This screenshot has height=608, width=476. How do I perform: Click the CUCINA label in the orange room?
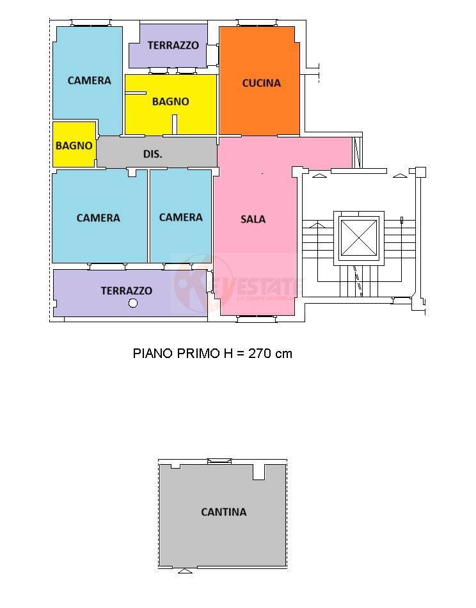click(x=261, y=83)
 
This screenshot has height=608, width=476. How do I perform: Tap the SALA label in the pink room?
click(x=253, y=219)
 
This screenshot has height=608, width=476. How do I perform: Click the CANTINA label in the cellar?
click(x=223, y=511)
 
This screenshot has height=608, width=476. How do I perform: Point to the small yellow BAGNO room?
click(x=74, y=145)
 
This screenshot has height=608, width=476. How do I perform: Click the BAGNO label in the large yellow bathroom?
click(x=170, y=101)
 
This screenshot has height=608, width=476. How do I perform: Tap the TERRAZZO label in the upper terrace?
click(x=173, y=45)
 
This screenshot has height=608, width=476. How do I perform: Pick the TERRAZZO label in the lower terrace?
click(x=126, y=291)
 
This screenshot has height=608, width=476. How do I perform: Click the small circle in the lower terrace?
click(x=133, y=303)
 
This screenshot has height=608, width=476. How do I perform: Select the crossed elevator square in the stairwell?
click(x=358, y=238)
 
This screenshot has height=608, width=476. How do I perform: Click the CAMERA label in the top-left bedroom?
click(x=89, y=81)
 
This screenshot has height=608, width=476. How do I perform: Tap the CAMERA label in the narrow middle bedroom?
click(x=180, y=217)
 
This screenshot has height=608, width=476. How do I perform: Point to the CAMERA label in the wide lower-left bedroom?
click(x=98, y=218)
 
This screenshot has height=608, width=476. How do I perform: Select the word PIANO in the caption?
click(x=152, y=353)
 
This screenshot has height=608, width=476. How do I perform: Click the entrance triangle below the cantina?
click(x=184, y=570)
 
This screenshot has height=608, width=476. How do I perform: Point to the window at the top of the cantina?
click(x=219, y=461)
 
